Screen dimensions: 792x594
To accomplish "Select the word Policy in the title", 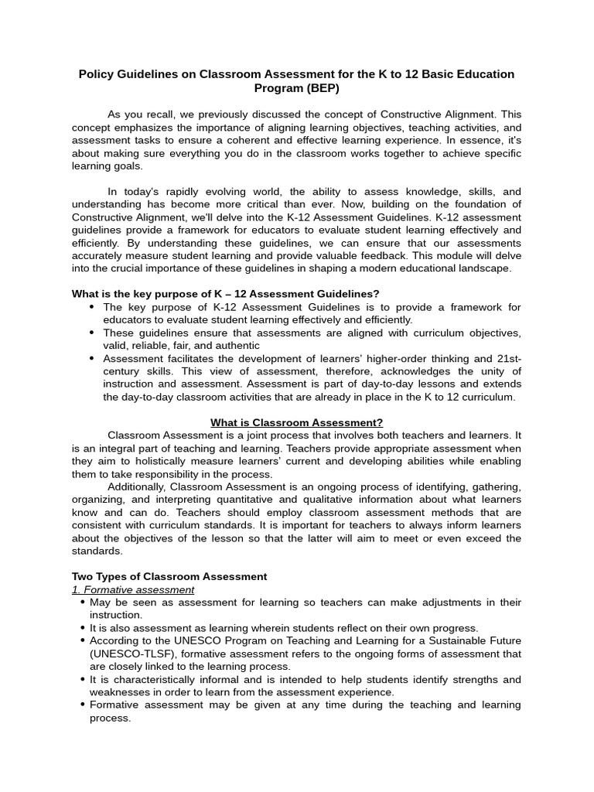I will click(97, 74).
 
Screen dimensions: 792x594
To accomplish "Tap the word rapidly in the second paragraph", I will click(196, 192).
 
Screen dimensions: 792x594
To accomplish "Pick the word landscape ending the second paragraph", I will click(481, 268).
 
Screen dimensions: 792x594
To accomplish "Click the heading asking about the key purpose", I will click(225, 294).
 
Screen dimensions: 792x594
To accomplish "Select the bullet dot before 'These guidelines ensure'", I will click(94, 333).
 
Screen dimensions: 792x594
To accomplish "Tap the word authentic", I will click(232, 346).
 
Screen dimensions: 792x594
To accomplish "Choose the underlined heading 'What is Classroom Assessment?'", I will click(297, 422).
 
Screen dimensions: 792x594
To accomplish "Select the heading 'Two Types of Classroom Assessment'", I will click(169, 576).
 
